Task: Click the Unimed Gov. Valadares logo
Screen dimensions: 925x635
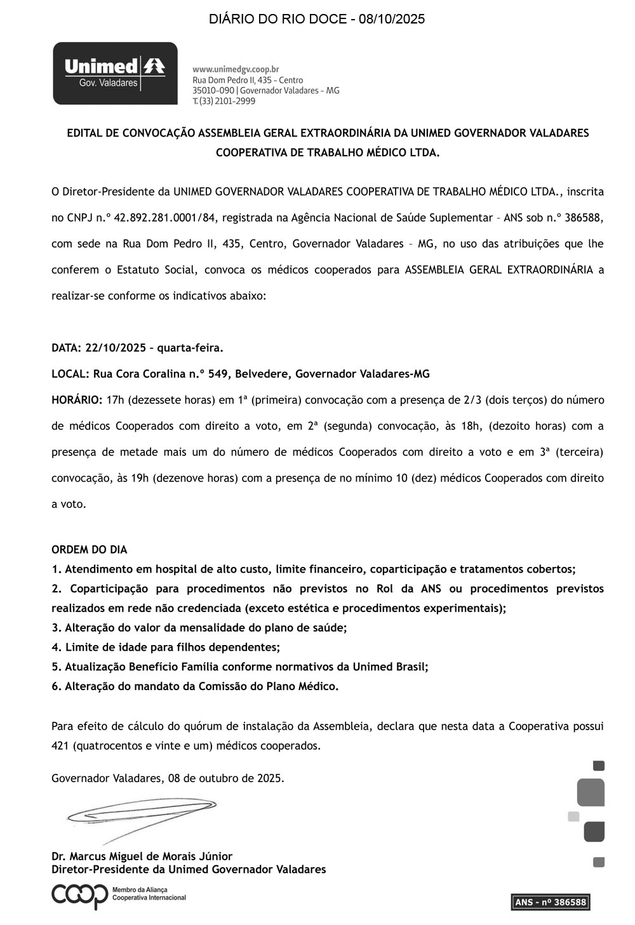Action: coord(115,74)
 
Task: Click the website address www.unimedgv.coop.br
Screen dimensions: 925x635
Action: coord(236,69)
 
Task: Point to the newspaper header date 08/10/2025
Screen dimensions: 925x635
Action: coord(392,19)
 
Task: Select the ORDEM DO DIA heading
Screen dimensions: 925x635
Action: coord(89,550)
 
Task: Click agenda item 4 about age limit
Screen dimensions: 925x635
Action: coord(166,647)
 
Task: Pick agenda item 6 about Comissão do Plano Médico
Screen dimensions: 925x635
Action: coord(195,686)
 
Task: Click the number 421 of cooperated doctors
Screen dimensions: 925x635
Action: coord(60,746)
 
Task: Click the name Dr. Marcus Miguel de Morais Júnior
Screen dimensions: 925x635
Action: coord(142,856)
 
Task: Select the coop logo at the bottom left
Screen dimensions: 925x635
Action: coord(80,896)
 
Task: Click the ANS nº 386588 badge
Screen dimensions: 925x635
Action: coord(551,902)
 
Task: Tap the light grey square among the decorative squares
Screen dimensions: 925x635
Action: coord(573,816)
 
